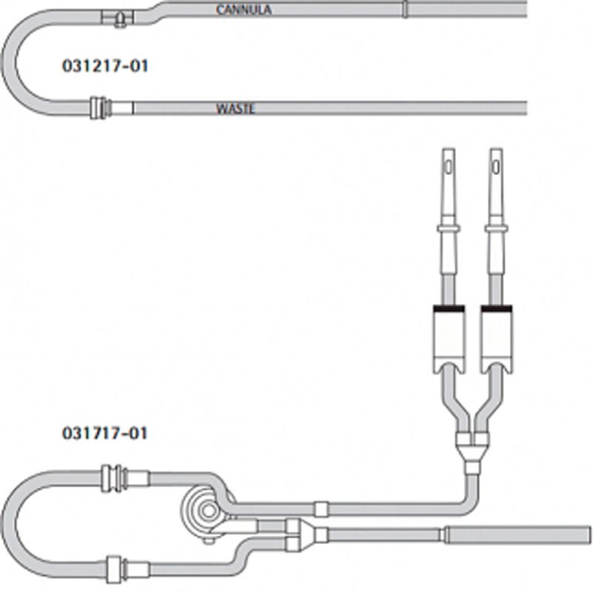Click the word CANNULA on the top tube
pos(244,10)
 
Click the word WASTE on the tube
pos(235,109)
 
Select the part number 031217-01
pos(105,66)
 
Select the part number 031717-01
pos(105,433)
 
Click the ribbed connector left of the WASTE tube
pos(101,108)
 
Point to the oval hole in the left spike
pos(448,167)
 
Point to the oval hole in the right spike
pos(496,167)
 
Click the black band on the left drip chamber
pos(449,308)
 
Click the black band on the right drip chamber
pos(497,308)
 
